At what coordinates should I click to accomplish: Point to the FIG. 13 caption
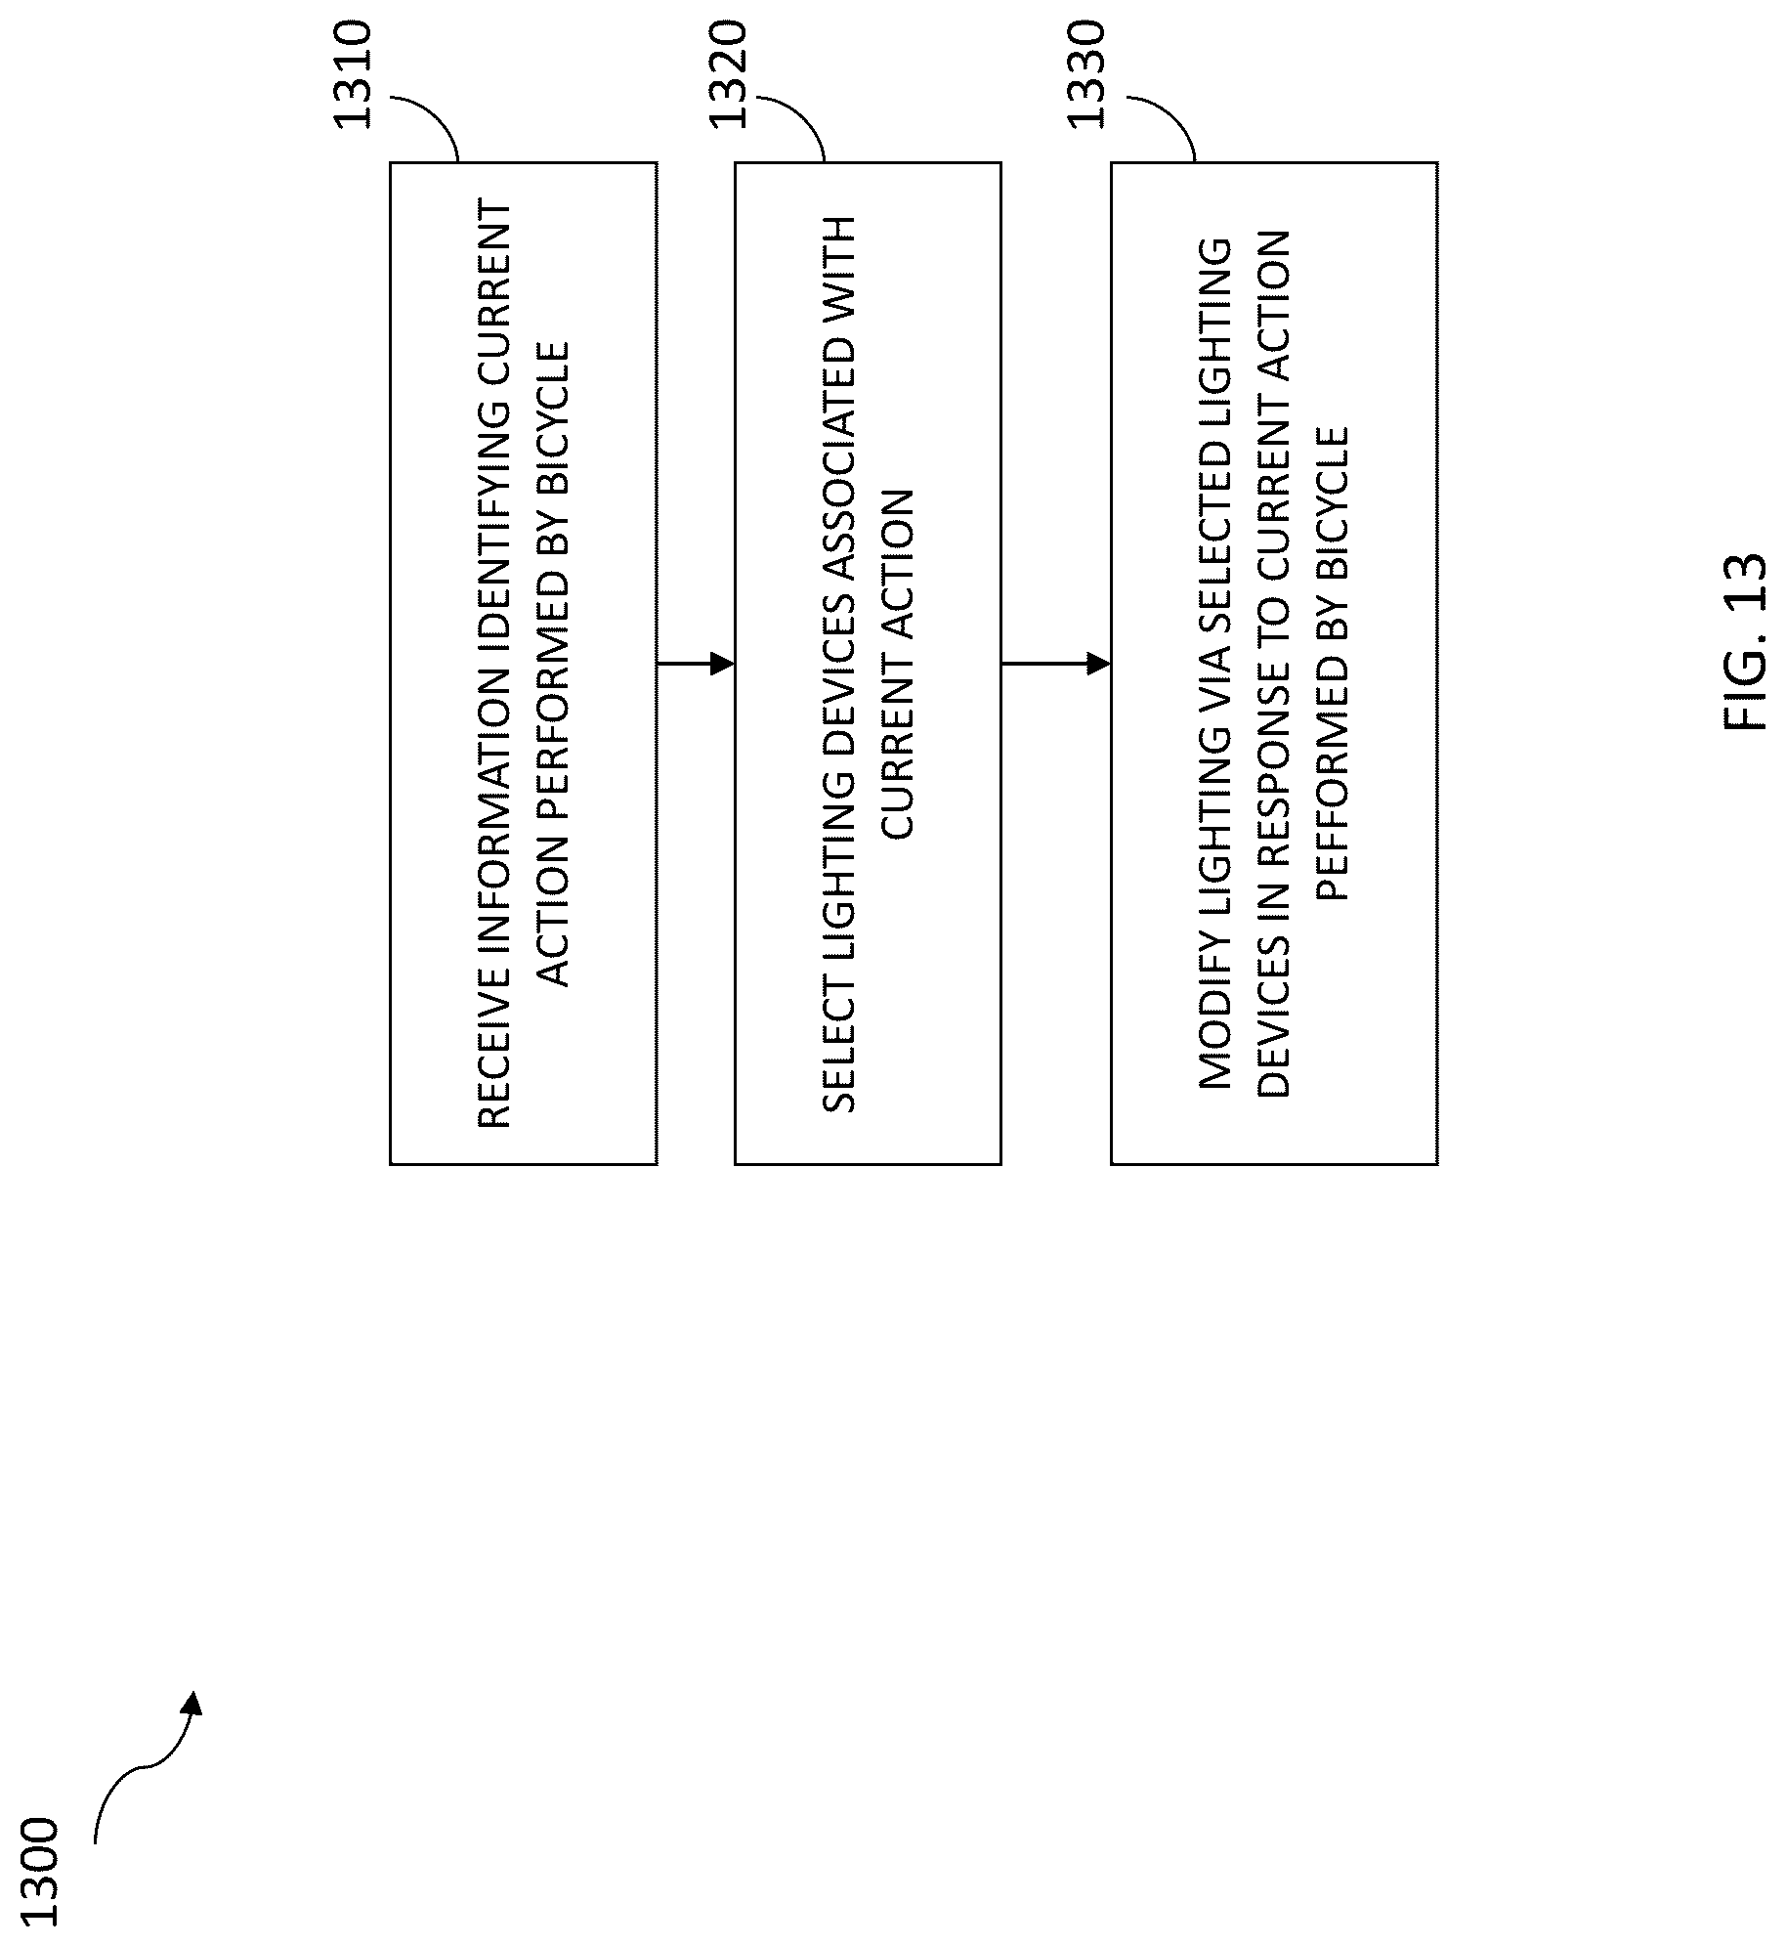tap(1746, 642)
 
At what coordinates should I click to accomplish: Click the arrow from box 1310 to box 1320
tap(696, 664)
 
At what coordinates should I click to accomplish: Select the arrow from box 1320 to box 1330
tap(1056, 664)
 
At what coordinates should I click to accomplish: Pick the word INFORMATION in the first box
tap(494, 812)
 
